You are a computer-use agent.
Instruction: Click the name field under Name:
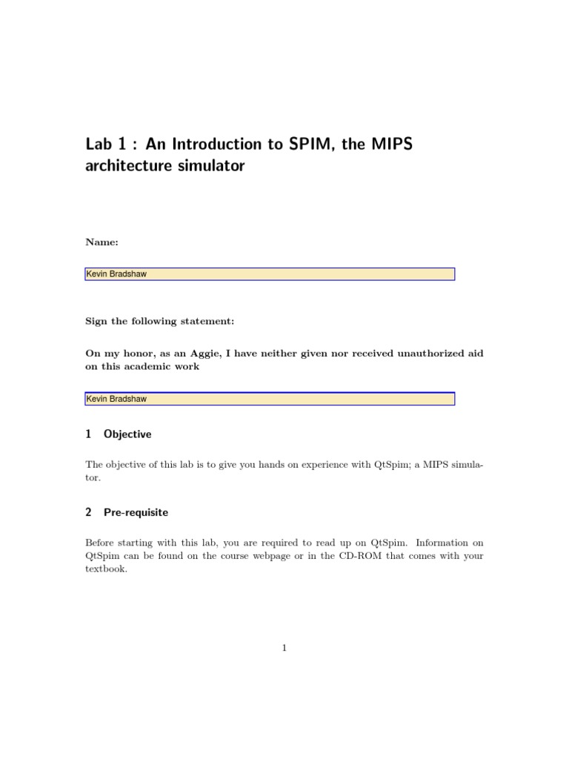(270, 274)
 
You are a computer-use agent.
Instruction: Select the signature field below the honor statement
(270, 399)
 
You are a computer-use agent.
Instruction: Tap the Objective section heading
(127, 434)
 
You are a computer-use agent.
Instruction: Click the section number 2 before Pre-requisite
(89, 512)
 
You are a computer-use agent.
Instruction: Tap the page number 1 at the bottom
(284, 648)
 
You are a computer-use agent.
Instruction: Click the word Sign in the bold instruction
(97, 322)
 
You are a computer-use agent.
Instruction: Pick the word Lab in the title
(99, 144)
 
